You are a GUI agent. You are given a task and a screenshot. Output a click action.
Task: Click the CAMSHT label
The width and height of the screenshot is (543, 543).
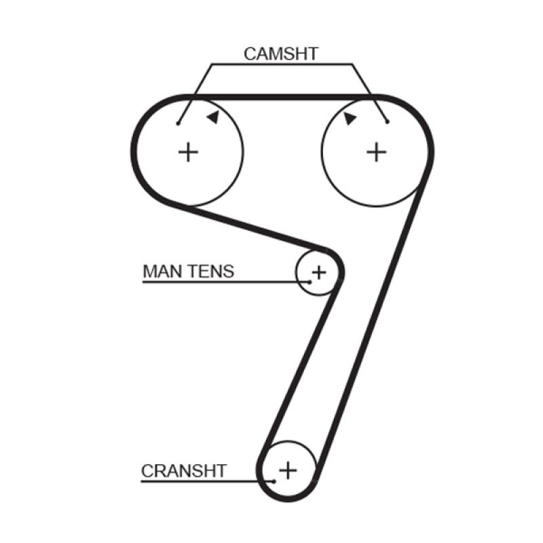coord(281,54)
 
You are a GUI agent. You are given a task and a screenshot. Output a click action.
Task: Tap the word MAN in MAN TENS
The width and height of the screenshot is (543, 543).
coord(162,271)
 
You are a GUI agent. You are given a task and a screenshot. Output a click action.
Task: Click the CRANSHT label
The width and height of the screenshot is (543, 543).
coord(184,471)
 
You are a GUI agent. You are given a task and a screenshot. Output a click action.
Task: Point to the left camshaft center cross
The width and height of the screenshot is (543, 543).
coord(188,152)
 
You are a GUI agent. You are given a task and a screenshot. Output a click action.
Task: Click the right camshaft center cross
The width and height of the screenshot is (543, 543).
coord(377,152)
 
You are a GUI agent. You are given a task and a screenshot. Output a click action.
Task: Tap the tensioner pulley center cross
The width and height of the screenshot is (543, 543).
coord(319,272)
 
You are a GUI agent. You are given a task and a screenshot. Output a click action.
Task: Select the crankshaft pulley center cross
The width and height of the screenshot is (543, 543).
coord(288,470)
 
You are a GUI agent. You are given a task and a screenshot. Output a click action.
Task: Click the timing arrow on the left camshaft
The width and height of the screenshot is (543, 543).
coord(213,117)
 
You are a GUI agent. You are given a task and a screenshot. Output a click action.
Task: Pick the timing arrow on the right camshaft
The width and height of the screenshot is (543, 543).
coord(350,118)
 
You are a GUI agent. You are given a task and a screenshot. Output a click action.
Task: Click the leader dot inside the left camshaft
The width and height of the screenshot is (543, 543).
coord(178,124)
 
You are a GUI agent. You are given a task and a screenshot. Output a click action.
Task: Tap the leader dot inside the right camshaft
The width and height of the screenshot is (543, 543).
coord(387,121)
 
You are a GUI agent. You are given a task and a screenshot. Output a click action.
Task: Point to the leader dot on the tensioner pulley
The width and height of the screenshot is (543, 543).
coord(310,282)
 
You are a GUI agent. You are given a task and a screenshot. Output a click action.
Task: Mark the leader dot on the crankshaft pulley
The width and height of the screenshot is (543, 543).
coord(274,481)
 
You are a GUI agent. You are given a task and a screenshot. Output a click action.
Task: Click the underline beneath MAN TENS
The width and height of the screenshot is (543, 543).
coord(226,282)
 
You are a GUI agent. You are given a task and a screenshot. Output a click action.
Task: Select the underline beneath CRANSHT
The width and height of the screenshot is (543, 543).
coord(208,481)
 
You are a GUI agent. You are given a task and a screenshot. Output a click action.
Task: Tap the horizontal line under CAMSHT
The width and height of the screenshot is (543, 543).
coord(282,64)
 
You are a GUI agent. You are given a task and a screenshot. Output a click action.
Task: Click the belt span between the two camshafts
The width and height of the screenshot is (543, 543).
coord(282,97)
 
